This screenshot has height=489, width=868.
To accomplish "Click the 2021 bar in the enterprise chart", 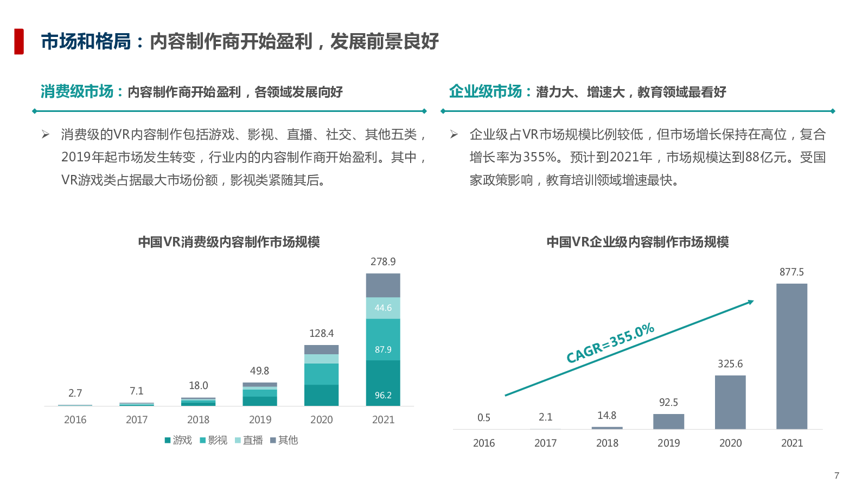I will point(792,356).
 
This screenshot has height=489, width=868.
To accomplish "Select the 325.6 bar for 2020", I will point(730,402).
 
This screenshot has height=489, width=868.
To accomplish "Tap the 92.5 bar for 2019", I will point(668,422).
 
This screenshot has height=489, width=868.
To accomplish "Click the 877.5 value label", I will point(792,272).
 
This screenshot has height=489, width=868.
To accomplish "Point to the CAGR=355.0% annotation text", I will point(610,343).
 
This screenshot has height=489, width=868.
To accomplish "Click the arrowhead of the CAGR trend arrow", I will point(751,302).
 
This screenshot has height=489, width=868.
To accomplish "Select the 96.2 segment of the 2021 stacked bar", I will point(383,383).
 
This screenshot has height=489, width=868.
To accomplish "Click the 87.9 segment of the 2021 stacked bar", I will point(383,340).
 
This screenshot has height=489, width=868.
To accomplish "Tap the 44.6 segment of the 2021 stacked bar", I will point(383,308).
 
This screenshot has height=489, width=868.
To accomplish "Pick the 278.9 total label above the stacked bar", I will point(383,262).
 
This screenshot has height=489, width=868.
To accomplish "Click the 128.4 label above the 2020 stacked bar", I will point(321,334).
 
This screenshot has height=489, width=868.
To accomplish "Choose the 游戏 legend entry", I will point(178,440).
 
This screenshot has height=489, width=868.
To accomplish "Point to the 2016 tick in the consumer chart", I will point(75,419).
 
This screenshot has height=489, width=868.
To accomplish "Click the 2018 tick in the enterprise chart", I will point(607,443).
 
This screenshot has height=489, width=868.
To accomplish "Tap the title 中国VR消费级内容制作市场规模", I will point(229,242).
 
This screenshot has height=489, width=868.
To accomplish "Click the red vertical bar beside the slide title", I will point(19,41).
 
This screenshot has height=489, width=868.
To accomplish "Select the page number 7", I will point(837,475).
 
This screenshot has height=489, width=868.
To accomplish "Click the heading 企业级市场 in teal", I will point(485,91).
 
